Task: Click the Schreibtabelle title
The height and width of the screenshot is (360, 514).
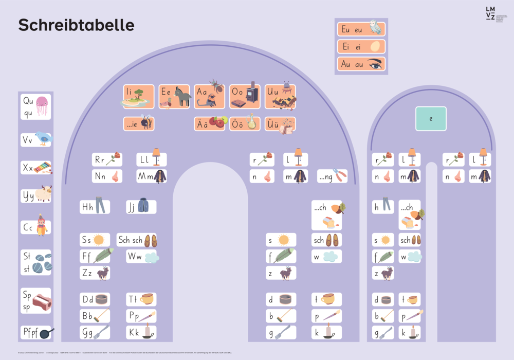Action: [x=76, y=25]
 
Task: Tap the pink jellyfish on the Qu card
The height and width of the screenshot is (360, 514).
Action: [x=42, y=106]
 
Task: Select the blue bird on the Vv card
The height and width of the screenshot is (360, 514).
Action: [x=44, y=138]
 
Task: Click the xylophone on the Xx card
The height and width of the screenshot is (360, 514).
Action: [x=43, y=168]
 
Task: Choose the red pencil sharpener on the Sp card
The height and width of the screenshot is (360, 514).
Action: [x=42, y=301]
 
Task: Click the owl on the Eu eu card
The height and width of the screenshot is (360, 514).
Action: [x=375, y=28]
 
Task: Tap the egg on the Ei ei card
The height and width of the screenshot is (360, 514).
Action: [x=375, y=46]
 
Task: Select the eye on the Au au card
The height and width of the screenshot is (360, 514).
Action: [x=375, y=64]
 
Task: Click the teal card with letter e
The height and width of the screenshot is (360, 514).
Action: [x=431, y=119]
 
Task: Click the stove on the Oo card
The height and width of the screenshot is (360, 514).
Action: [x=252, y=94]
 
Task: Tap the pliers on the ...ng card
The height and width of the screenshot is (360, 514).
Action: [x=339, y=176]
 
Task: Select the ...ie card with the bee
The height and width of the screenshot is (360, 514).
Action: [x=139, y=123]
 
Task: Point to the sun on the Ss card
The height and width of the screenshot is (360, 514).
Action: [x=99, y=240]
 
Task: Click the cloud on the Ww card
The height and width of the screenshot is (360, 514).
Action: [x=151, y=257]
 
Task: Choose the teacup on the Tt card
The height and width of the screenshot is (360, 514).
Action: [x=147, y=299]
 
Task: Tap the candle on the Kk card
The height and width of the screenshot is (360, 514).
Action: [x=148, y=332]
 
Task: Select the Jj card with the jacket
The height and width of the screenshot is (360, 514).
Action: [x=141, y=207]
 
